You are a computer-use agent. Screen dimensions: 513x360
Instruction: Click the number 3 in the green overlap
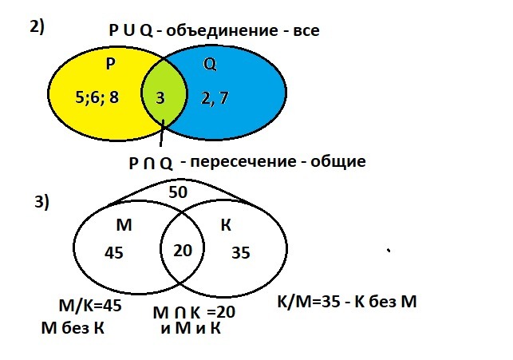pyautogui.click(x=160, y=98)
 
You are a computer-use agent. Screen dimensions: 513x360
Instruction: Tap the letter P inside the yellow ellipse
pyautogui.click(x=111, y=63)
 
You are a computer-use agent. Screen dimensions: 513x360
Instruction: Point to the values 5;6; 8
pyautogui.click(x=97, y=99)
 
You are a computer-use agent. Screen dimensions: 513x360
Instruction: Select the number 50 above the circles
pyautogui.click(x=179, y=192)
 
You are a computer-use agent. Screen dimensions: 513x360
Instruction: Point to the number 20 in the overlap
pyautogui.click(x=183, y=250)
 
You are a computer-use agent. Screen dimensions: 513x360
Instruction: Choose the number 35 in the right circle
pyautogui.click(x=241, y=252)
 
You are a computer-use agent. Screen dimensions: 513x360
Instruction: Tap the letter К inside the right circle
pyautogui.click(x=226, y=225)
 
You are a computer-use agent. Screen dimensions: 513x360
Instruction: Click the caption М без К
pyautogui.click(x=73, y=327)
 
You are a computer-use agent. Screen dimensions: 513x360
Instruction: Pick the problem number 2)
pyautogui.click(x=37, y=26)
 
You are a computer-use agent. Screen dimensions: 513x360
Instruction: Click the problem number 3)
pyautogui.click(x=41, y=202)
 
